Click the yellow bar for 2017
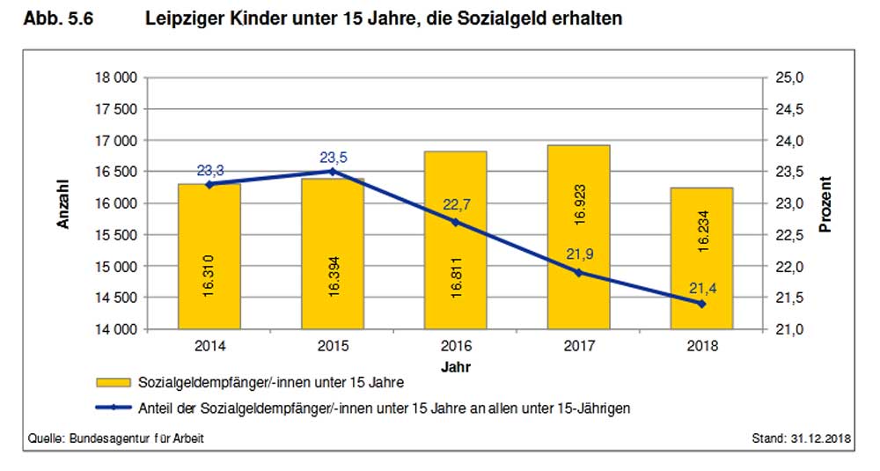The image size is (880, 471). pos(578,237)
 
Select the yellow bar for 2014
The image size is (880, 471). pos(209,256)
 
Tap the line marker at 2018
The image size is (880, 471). pos(701,304)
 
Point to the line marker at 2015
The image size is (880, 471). pos(332,172)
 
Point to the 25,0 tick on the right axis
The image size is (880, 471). pos(789,78)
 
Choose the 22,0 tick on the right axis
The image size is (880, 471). pos(789,267)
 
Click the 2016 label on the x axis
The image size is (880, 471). pos(455,346)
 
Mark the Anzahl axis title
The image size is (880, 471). pos(63,203)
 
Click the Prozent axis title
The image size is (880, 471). pos(825,203)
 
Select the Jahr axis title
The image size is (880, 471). pos(456,364)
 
